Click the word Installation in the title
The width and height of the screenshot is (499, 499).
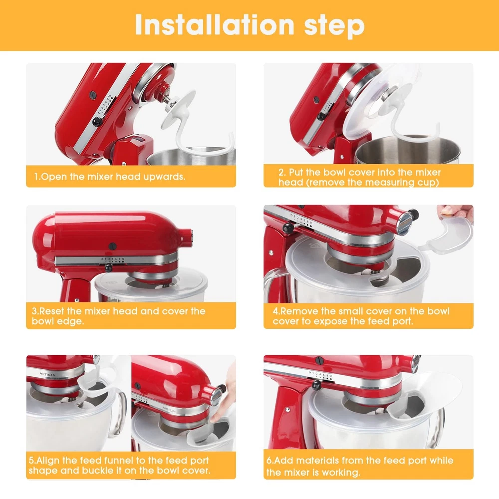[x=214, y=25]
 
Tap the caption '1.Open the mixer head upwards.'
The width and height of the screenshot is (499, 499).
[x=110, y=176]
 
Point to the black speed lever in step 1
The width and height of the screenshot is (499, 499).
[x=97, y=121]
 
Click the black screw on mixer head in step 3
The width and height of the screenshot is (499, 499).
[x=112, y=246]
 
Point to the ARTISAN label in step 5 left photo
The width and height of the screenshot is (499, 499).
[x=47, y=375]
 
